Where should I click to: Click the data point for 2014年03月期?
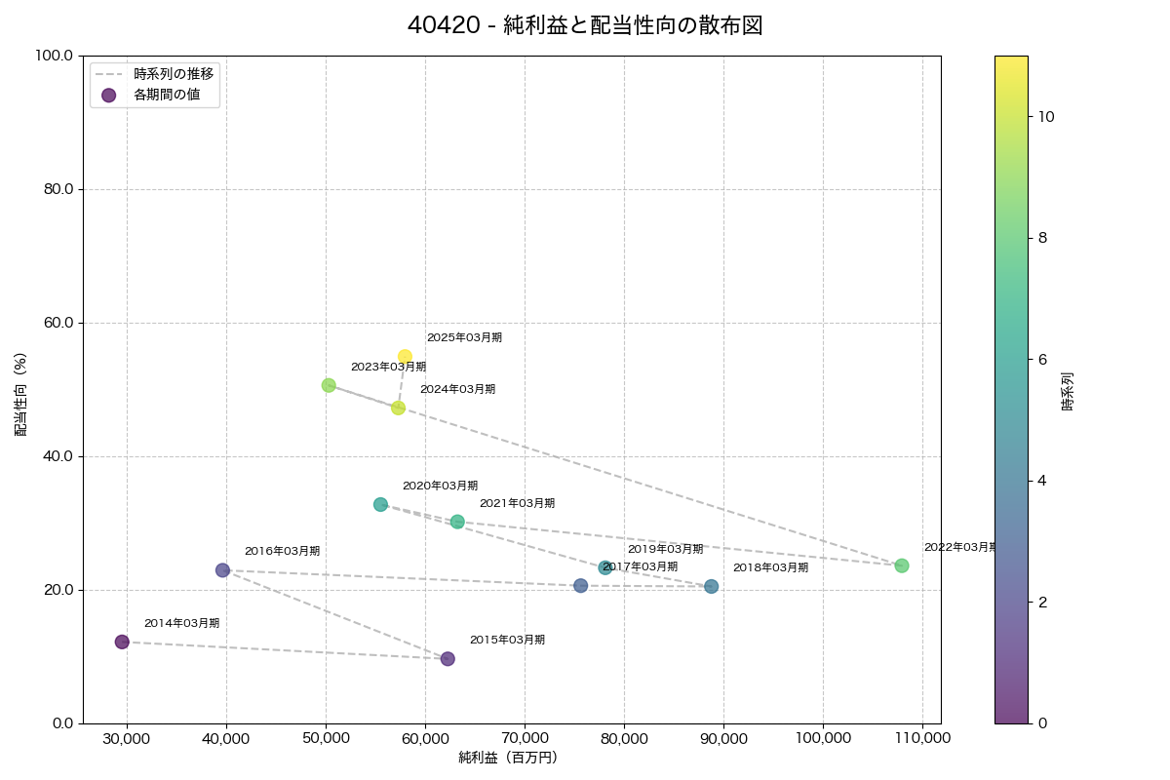[x=122, y=642]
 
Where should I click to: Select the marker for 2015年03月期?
[x=448, y=659]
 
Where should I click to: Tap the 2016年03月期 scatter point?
[x=222, y=570]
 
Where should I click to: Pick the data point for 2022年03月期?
[x=902, y=565]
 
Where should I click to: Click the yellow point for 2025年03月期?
[x=405, y=357]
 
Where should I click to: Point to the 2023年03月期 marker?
[x=329, y=385]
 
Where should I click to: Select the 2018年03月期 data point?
[x=712, y=587]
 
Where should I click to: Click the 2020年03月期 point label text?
[x=440, y=486]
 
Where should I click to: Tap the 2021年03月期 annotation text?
[x=517, y=503]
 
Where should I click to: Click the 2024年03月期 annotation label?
[x=457, y=389]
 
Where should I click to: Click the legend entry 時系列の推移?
[x=174, y=73]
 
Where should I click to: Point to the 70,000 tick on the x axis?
[x=525, y=738]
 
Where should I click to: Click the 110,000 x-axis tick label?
[x=922, y=738]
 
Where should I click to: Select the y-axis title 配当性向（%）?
[x=20, y=389]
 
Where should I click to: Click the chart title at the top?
[x=584, y=25]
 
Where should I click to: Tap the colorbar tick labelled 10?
[x=1046, y=116]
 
